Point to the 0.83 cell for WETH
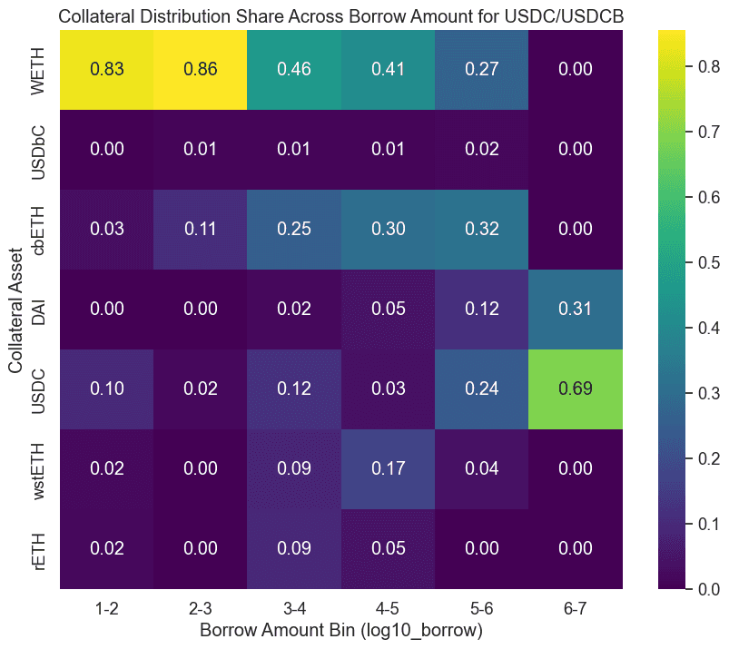click(x=107, y=69)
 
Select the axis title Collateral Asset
click(x=16, y=310)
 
